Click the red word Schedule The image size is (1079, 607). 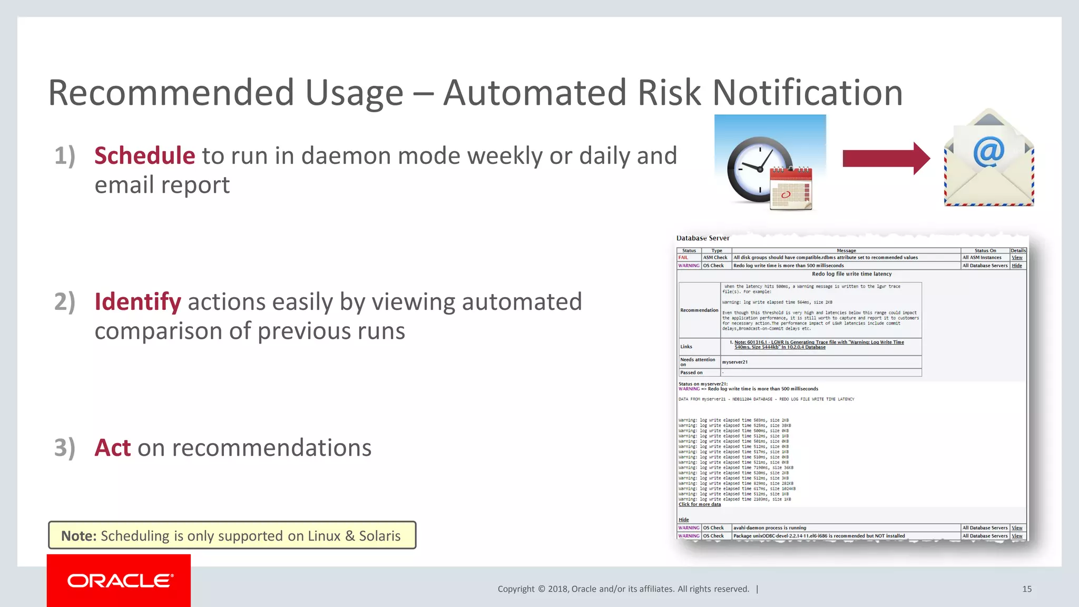pos(144,156)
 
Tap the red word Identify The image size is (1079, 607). pos(138,302)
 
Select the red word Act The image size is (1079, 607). pos(112,448)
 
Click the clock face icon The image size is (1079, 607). pos(759,169)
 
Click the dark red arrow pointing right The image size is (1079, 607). pos(886,158)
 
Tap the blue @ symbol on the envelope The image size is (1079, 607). pos(989,152)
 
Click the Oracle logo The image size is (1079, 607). pos(119,581)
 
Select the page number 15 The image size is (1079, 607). pos(1027,589)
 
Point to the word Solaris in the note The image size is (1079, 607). pos(379,536)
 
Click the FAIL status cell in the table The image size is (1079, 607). pos(683,258)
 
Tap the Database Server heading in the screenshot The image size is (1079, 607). pos(703,238)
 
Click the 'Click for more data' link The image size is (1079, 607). pos(700,504)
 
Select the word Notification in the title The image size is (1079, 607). pos(808,93)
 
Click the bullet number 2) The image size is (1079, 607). pos(65,302)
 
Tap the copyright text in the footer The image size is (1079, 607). pos(623,589)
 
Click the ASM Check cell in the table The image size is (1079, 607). pos(715,258)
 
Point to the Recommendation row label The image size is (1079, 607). pos(699,310)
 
